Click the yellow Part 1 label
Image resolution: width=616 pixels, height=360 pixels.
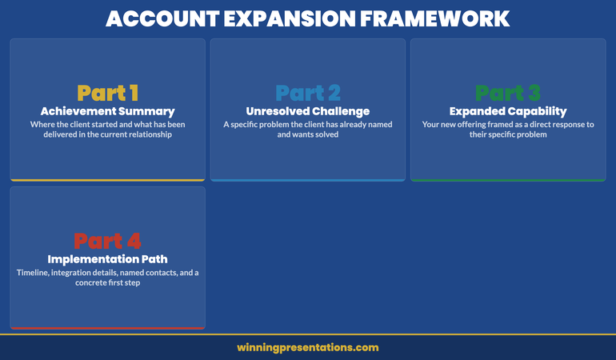[107, 94]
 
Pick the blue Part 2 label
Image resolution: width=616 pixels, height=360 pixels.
[307, 94]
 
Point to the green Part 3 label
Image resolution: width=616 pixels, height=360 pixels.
[508, 94]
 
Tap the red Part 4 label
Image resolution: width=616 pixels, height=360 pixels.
[107, 241]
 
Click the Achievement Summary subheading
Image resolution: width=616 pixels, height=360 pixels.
[107, 111]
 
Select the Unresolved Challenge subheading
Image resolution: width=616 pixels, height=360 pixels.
[307, 111]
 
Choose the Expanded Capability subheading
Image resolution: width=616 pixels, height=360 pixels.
[508, 111]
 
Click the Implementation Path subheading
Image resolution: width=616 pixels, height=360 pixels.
[107, 258]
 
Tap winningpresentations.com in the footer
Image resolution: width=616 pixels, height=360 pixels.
[307, 347]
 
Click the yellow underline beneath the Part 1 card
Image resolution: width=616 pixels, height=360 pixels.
[107, 180]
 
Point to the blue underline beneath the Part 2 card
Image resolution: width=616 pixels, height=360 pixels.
[307, 180]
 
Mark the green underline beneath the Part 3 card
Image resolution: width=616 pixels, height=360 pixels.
[508, 180]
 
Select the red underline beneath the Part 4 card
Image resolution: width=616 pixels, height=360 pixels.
[107, 327]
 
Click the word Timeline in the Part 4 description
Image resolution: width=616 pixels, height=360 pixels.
[35, 273]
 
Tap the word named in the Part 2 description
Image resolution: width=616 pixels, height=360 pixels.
[377, 124]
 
